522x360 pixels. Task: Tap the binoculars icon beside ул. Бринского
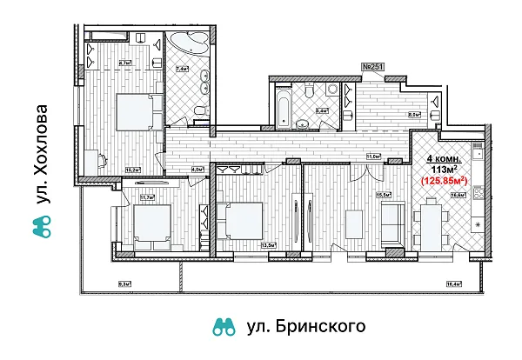225,327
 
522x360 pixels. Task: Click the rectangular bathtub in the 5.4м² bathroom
284,106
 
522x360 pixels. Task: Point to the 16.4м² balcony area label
452,283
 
